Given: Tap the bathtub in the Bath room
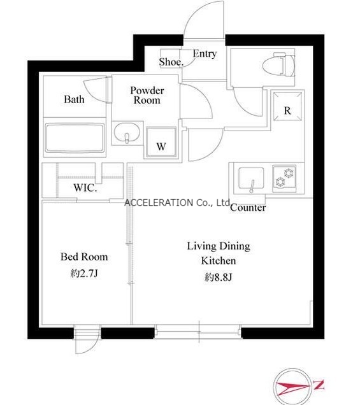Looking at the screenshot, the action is [75, 138].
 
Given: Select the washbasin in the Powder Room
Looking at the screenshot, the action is [127, 132].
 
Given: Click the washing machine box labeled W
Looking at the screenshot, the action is [161, 142].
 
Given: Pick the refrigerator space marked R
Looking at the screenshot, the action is [287, 106].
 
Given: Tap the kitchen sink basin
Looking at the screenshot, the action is [251, 178].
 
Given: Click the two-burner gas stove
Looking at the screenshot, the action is [284, 178].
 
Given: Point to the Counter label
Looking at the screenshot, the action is [248, 208].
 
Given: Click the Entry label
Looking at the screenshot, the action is [205, 53].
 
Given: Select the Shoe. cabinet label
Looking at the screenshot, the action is [171, 62].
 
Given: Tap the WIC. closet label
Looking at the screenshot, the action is [85, 188].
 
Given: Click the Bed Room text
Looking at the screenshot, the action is [84, 257].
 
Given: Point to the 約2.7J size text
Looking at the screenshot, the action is [84, 273].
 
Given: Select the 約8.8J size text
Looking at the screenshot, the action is [219, 277].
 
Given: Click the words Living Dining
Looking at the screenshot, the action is [219, 246].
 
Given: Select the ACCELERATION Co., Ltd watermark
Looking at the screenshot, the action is [177, 202].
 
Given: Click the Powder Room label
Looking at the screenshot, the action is [147, 96].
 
